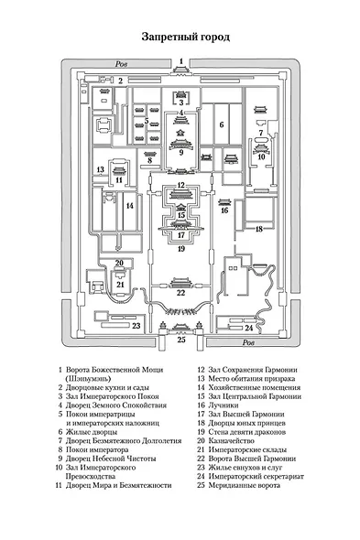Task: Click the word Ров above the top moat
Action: tap(121, 64)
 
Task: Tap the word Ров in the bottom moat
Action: tap(248, 342)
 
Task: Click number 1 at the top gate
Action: tap(181, 61)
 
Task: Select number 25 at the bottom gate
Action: tap(181, 340)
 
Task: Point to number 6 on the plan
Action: tap(222, 124)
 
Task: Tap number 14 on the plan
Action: tap(130, 206)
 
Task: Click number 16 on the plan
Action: tap(224, 211)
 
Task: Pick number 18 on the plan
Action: tap(259, 229)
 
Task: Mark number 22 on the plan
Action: tap(181, 293)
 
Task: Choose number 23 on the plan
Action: tap(136, 326)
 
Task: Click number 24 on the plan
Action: tap(249, 328)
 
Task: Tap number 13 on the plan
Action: tap(101, 169)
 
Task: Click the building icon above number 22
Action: tap(180, 283)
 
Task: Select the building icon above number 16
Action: tap(224, 201)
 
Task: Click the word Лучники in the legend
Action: tap(224, 405)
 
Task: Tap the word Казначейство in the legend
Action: tap(232, 441)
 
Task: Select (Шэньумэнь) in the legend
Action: tap(88, 379)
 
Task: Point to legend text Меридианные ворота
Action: tap(245, 485)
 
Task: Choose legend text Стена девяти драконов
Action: tap(247, 432)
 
